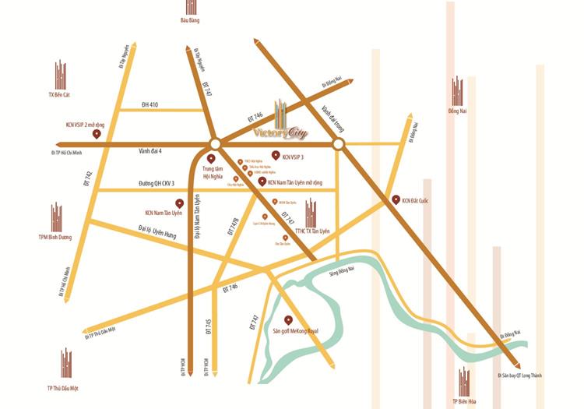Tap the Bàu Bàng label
(190, 20)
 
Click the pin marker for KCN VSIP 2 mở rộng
(97, 134)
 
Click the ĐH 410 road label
(150, 104)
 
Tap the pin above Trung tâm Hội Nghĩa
(210, 157)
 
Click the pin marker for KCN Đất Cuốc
(395, 199)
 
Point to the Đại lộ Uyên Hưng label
(156, 229)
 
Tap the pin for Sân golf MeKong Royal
(288, 319)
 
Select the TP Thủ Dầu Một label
(63, 387)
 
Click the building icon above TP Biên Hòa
(465, 380)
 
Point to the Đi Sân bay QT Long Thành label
(519, 376)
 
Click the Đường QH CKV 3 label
(157, 183)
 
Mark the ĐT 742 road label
(87, 178)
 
